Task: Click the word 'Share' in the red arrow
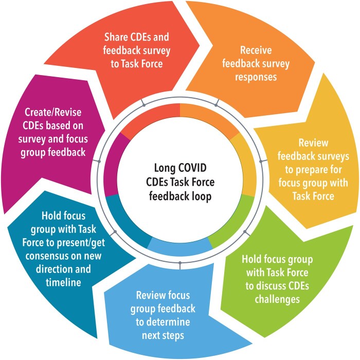click(117, 38)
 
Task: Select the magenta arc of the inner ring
click(112, 165)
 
